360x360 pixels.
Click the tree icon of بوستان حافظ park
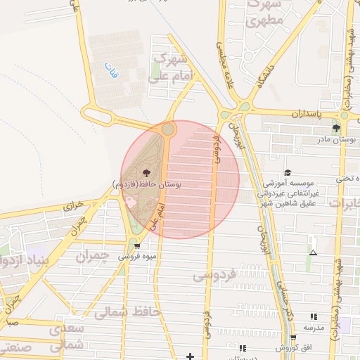pyautogui.click(x=146, y=172)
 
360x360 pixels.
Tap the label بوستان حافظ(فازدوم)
pyautogui.click(x=147, y=184)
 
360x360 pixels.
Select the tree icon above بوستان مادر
pyautogui.click(x=336, y=128)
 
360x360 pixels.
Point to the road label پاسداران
pyautogui.click(x=306, y=112)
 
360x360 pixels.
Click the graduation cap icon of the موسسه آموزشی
pyautogui.click(x=287, y=172)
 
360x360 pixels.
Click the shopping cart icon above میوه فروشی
pyautogui.click(x=137, y=246)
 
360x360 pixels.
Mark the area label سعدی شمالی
pyautogui.click(x=67, y=337)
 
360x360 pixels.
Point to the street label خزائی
pyautogui.click(x=73, y=206)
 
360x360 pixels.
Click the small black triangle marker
pyautogui.click(x=313, y=252)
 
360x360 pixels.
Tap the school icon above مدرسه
pyautogui.click(x=314, y=317)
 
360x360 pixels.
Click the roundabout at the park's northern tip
pyautogui.click(x=167, y=129)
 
